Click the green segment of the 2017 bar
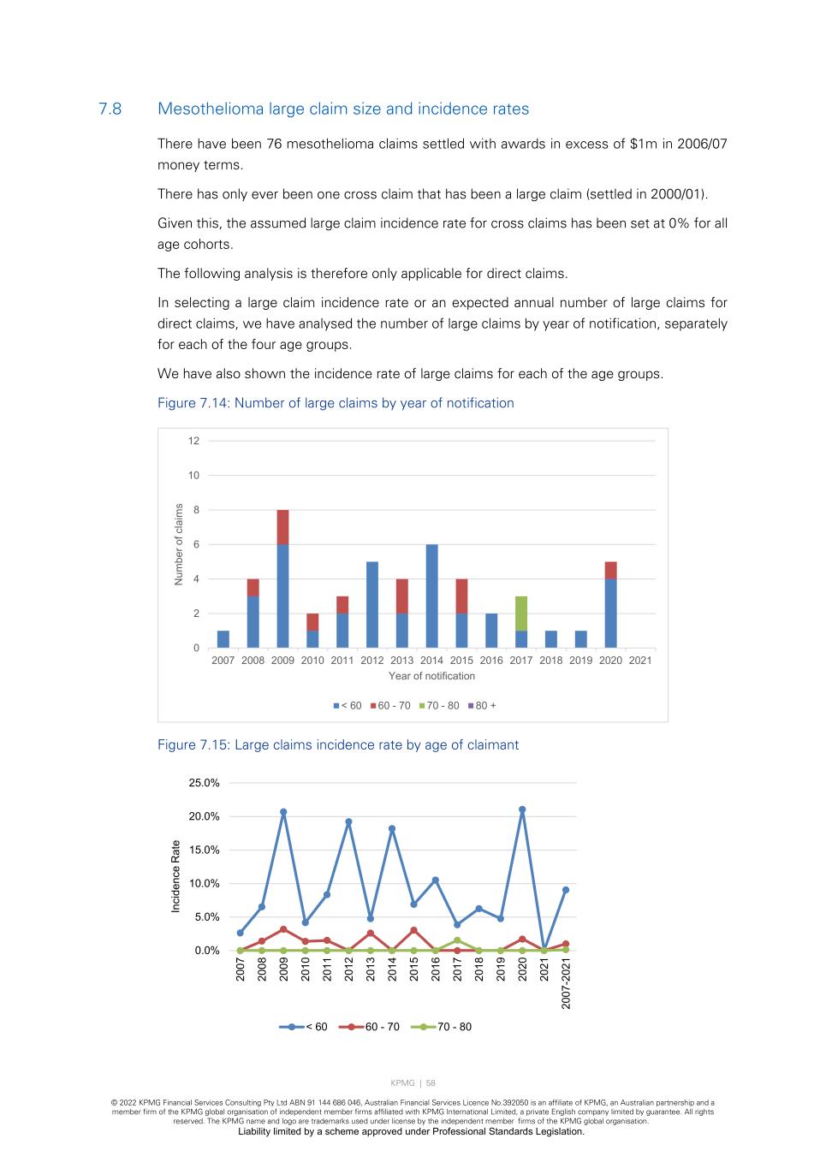coord(521,614)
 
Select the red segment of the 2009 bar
coord(282,527)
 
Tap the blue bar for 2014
coord(431,596)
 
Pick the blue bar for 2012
coord(372,604)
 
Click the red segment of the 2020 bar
coord(610,570)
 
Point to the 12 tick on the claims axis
coord(193,441)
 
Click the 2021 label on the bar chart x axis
coord(640,661)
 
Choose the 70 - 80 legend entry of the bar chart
coord(438,706)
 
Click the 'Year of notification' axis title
coord(431,676)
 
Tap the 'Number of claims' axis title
coord(179,544)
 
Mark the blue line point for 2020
coord(522,809)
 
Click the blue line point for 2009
coord(283,812)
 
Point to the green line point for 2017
coord(457,940)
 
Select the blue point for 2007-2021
coord(566,890)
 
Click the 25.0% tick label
coord(204,783)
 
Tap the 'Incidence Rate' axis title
coord(176,876)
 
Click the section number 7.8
coord(110,109)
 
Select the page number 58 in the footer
coord(431,1083)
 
